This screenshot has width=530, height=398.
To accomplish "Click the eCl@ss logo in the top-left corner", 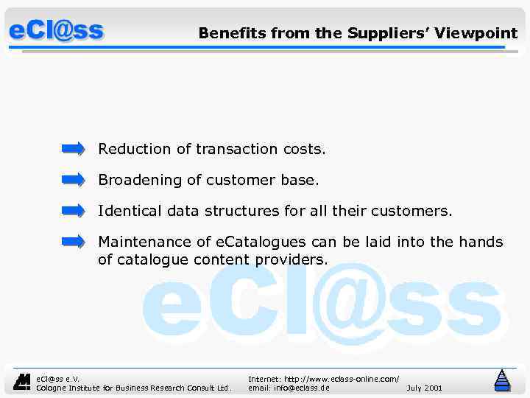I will coord(56,32).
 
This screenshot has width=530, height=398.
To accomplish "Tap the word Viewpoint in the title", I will coord(476,33).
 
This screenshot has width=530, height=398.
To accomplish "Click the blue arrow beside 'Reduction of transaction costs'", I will coord(74,149).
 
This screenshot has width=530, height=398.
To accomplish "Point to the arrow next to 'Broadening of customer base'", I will coord(74,180).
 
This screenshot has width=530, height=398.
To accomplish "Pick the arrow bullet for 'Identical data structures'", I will coord(74,211).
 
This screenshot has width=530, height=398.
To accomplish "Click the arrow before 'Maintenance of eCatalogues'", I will coord(74,242).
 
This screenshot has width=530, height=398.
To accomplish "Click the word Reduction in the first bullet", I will coord(135,149).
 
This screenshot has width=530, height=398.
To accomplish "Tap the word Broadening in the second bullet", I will coord(140,180).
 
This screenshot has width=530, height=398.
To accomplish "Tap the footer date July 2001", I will coord(424,387).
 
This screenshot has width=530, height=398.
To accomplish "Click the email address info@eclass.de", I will coord(289,387).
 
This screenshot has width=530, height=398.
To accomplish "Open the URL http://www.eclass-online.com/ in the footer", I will coord(323,378).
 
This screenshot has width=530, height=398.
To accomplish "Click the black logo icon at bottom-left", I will coord(23,381).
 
